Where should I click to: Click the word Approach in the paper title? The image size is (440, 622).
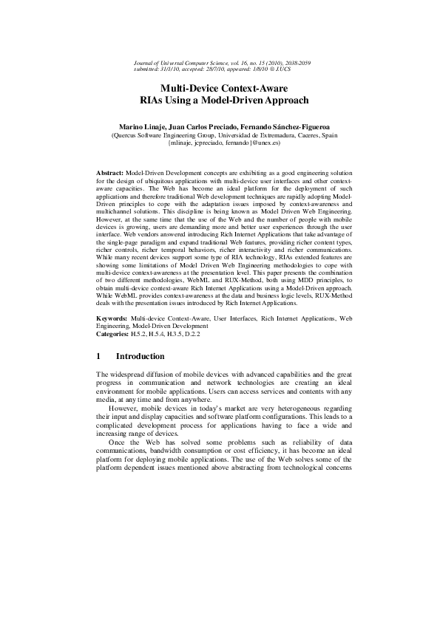[280, 100]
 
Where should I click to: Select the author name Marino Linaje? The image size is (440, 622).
[140, 126]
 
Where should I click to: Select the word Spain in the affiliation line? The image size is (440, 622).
[328, 135]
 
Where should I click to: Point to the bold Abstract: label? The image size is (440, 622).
[111, 171]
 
